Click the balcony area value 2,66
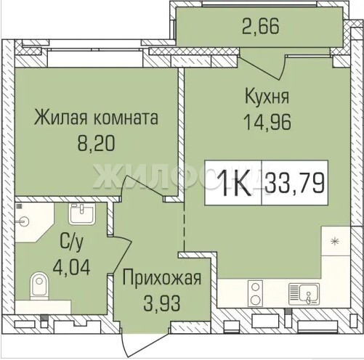pos(261,26)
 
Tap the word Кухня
pos(267,97)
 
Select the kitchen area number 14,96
pos(267,122)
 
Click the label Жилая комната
pos(96,118)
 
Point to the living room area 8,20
pos(96,143)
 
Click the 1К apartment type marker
pos(233,183)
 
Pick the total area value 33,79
pos(294,183)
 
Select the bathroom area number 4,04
pos(72,267)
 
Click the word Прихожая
pos(162,279)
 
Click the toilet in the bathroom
pos(39,286)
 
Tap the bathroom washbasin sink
pos(82,214)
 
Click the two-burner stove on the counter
pos(256,293)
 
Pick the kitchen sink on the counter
pos(304,294)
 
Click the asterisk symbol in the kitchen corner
pos(335,242)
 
